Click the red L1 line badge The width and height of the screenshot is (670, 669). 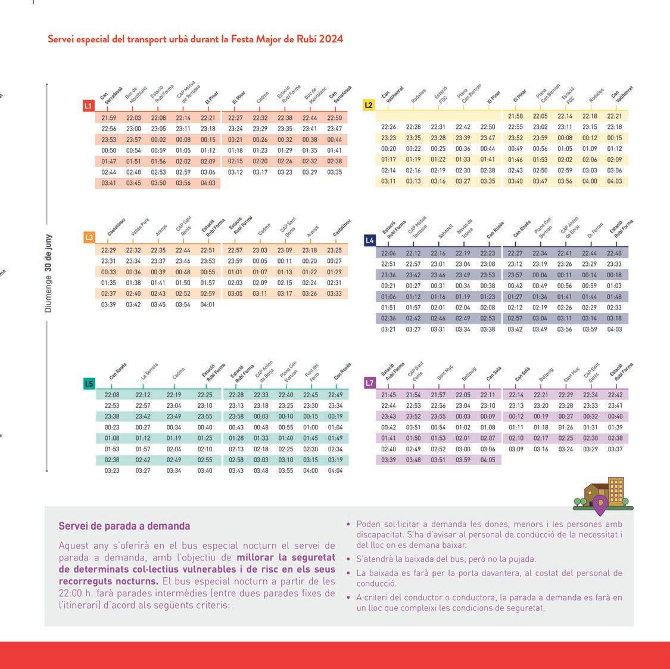click(x=89, y=106)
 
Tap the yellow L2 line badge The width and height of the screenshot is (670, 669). click(x=369, y=106)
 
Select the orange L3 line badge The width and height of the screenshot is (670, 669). click(x=89, y=237)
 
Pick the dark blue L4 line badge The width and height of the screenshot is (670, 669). click(x=370, y=240)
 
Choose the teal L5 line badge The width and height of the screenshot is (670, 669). click(x=89, y=383)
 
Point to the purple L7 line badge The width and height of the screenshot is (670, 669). click(x=370, y=383)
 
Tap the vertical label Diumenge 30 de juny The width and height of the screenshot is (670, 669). click(x=48, y=273)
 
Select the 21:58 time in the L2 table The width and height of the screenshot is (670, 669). click(x=516, y=116)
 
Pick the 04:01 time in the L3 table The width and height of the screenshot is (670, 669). click(x=208, y=304)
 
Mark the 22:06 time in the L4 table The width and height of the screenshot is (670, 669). click(x=388, y=253)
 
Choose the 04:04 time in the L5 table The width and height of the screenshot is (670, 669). click(x=335, y=470)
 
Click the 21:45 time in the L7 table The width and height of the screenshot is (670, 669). click(x=388, y=395)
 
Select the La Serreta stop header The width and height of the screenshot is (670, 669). click(x=149, y=371)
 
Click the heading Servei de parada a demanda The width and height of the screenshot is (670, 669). click(x=124, y=526)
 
